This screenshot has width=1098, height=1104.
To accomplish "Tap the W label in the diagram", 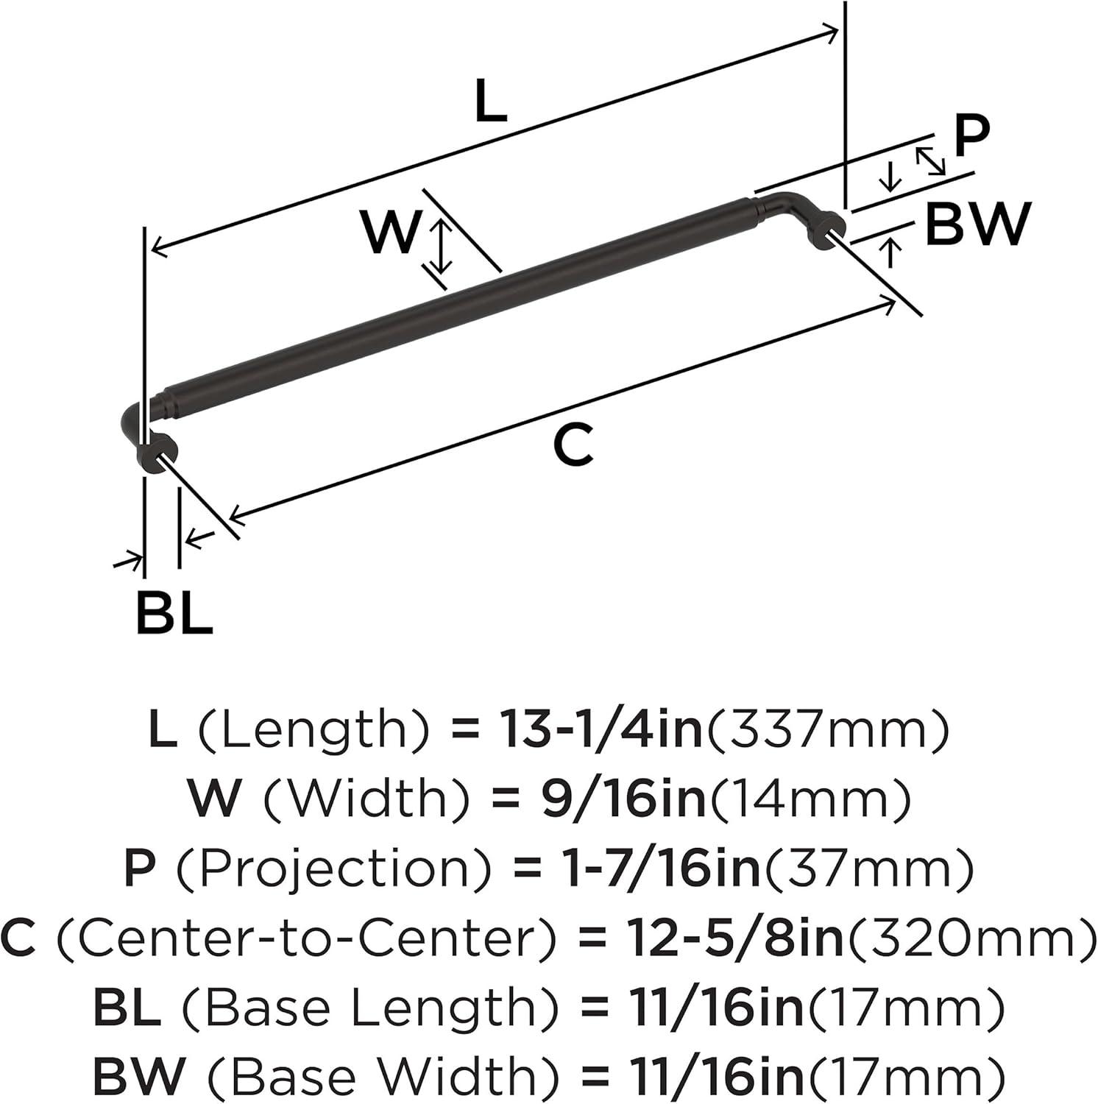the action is pos(391,232).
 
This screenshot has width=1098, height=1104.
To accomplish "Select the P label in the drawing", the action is pos(971,136).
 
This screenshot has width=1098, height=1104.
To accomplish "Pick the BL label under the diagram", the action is pos(174,612).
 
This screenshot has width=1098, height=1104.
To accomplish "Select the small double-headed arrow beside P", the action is pos(930,160).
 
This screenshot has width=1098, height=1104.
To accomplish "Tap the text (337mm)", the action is pos(826,731).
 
